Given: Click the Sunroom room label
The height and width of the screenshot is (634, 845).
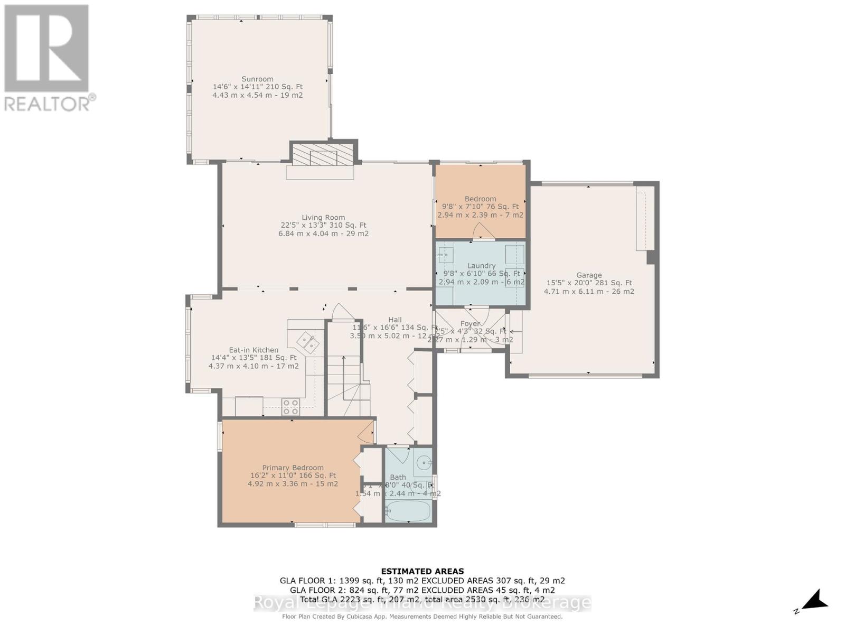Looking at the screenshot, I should tap(258, 79).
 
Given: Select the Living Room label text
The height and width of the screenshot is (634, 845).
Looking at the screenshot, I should tap(323, 217).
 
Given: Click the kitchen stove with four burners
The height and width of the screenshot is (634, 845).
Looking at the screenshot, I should tap(290, 406).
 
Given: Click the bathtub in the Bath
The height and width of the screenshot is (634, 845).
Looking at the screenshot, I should tap(408, 511).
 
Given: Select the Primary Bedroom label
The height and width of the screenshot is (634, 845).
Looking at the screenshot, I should tap(293, 468).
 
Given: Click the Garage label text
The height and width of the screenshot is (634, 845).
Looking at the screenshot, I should tap(589, 275).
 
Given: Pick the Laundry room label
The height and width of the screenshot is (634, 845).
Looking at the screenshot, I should tap(481, 266).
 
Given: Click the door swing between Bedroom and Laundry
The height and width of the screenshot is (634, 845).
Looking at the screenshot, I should tap(482, 231).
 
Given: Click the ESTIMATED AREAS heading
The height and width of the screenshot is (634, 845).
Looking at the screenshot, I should tap(422, 571).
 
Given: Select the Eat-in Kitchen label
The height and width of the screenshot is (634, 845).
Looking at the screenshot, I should tap(253, 350).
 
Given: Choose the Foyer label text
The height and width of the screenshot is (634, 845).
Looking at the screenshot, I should tap(470, 323).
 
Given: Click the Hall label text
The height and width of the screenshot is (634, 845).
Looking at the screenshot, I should tap(395, 320).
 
